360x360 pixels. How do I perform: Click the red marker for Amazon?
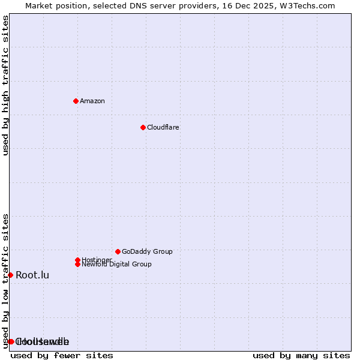tap(76, 101)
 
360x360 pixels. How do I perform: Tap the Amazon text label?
tap(92, 101)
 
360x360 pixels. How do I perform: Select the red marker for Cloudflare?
tap(143, 127)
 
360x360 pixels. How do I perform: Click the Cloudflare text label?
tap(163, 127)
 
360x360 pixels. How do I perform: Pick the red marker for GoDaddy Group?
tap(118, 251)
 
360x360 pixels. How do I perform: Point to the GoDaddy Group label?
tap(147, 251)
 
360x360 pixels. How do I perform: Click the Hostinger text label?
tap(97, 260)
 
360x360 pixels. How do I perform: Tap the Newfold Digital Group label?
tap(116, 265)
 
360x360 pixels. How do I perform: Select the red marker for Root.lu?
tap(10, 275)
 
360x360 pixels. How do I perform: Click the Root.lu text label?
tap(32, 275)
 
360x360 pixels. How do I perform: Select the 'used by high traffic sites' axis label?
tap(5, 85)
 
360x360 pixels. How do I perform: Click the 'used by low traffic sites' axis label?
tap(5, 281)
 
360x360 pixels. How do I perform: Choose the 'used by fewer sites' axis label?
tap(62, 355)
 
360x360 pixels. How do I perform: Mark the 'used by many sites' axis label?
tap(301, 355)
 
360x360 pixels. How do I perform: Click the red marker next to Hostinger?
tap(77, 260)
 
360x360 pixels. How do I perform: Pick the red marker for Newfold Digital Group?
tap(77, 264)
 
